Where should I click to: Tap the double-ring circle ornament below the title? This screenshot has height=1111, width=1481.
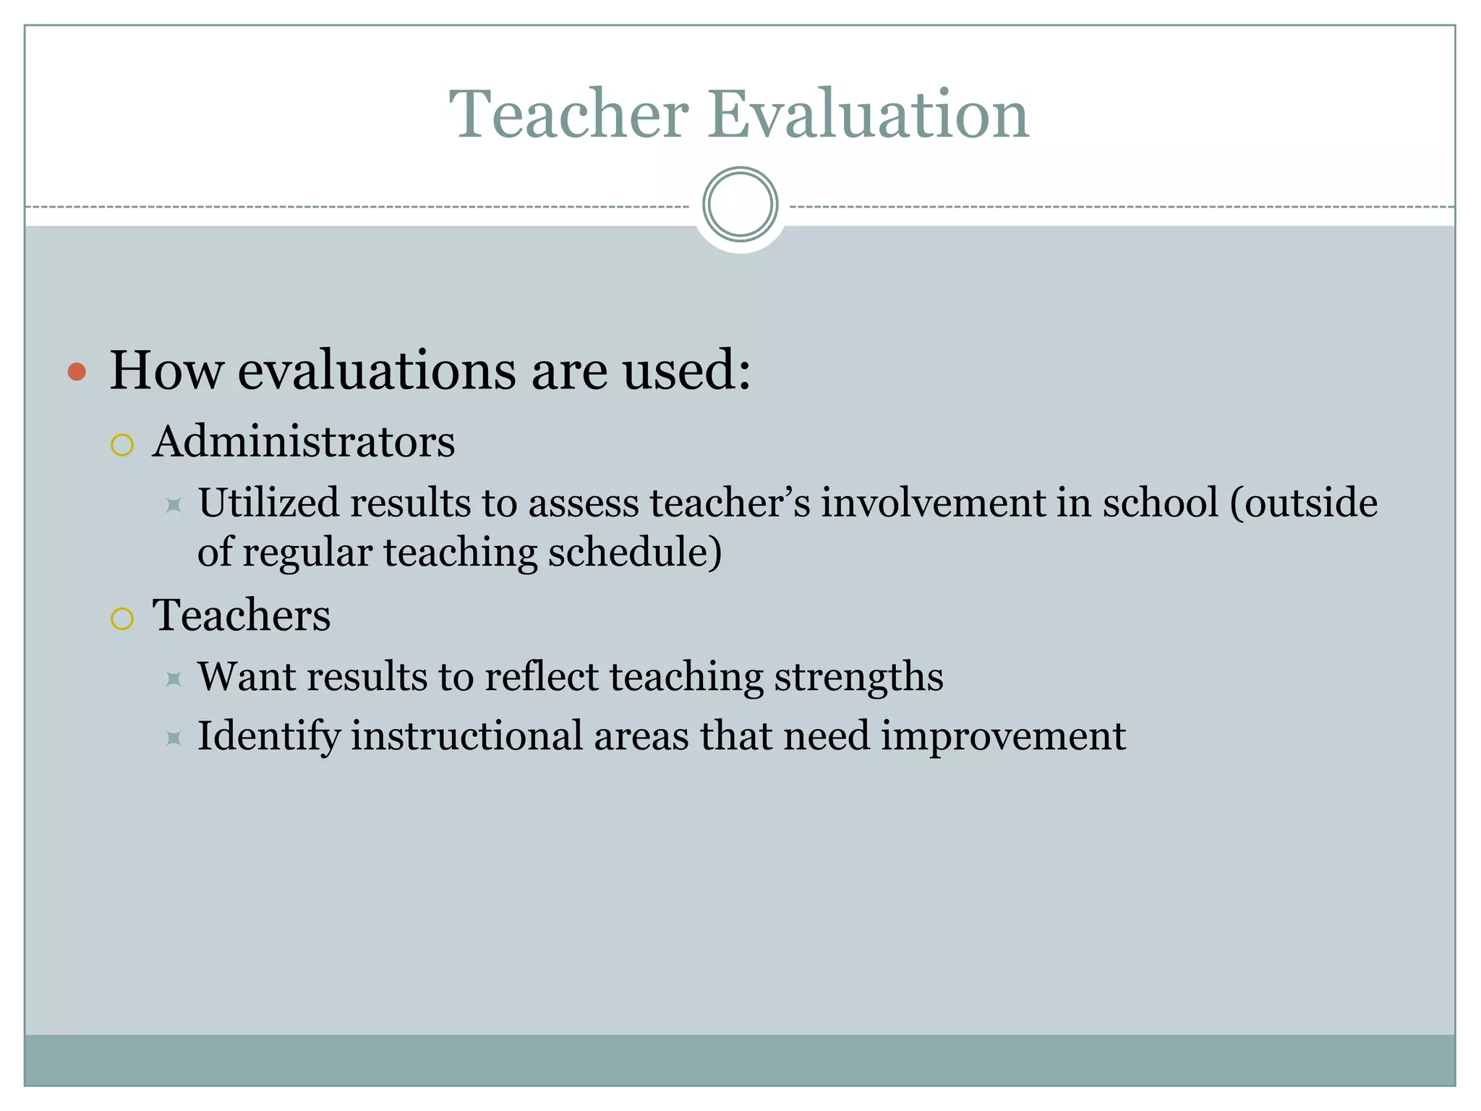pyautogui.click(x=740, y=205)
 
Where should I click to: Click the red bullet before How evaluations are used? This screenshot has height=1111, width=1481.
pyautogui.click(x=77, y=373)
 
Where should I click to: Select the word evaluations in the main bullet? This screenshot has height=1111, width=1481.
pyautogui.click(x=376, y=371)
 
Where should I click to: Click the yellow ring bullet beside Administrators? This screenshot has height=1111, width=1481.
pyautogui.click(x=122, y=445)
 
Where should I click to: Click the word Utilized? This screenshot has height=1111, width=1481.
pyautogui.click(x=268, y=503)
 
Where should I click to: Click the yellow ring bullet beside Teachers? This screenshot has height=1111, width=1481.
pyautogui.click(x=122, y=618)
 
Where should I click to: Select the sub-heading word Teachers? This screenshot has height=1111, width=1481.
pyautogui.click(x=242, y=616)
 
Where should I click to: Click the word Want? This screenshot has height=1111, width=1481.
pyautogui.click(x=247, y=677)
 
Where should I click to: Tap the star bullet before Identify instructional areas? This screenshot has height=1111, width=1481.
pyautogui.click(x=174, y=738)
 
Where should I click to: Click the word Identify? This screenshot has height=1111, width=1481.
pyautogui.click(x=268, y=736)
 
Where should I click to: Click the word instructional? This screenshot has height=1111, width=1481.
pyautogui.click(x=467, y=736)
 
